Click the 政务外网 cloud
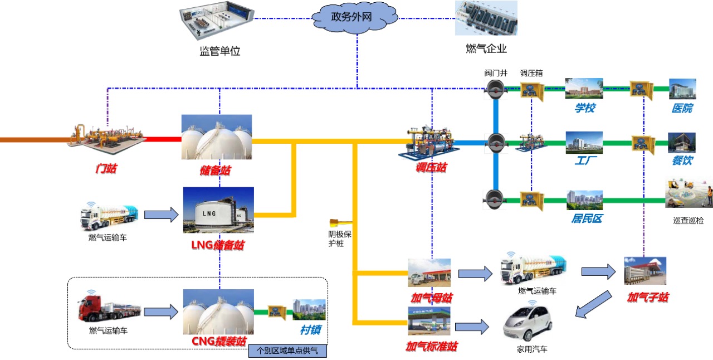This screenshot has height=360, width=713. pos(354,17)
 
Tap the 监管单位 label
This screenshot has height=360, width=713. pos(219,51)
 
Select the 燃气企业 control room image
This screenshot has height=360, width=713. pos(486,18)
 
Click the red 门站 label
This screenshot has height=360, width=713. pos(106,168)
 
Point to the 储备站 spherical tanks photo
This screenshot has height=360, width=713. pos(217,137)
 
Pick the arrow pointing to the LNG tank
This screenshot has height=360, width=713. pos(160,215)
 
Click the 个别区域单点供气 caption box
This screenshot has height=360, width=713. pos(287,351)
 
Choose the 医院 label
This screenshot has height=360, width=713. pos(682,108)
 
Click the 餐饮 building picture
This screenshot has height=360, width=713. pos(682,143)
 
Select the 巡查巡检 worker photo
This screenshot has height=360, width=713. pos(688,193)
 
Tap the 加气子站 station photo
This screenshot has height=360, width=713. pos(645,271)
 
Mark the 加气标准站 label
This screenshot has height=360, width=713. pos(431,347)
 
